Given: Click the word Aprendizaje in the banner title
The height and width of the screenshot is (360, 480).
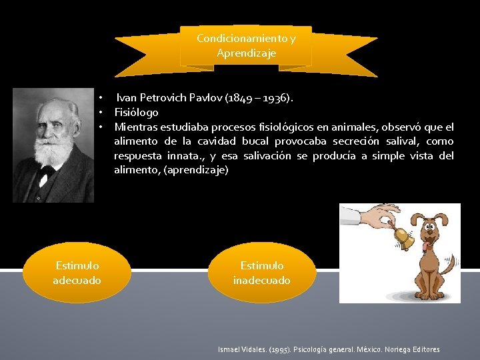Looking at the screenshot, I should pyautogui.click(x=246, y=53).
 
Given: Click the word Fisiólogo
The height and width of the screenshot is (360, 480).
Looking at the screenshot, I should pyautogui.click(x=136, y=112).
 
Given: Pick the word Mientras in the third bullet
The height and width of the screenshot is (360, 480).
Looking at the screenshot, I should pyautogui.click(x=136, y=127).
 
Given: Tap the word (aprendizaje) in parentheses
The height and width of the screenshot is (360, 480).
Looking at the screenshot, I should pyautogui.click(x=196, y=170).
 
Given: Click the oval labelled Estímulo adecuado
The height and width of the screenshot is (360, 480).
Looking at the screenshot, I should pyautogui.click(x=77, y=273).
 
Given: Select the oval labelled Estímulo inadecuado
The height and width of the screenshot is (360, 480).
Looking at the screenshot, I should pyautogui.click(x=262, y=273).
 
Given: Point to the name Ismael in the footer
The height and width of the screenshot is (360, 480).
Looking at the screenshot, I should pyautogui.click(x=229, y=349).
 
